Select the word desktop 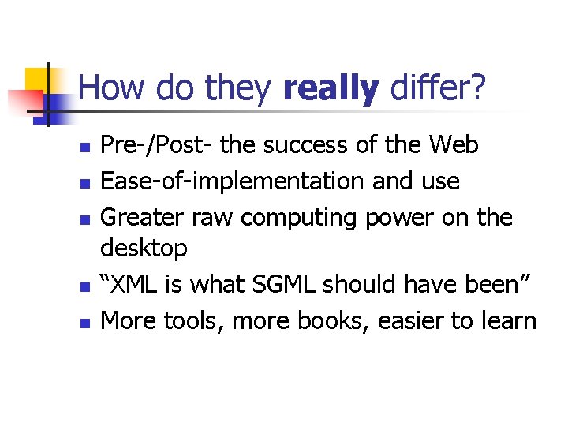click(144, 249)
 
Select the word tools click(188, 320)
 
